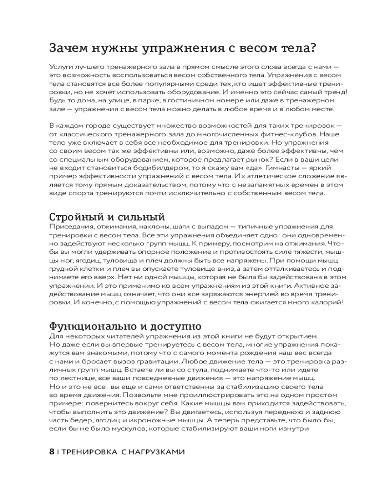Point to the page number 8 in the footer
[52, 451]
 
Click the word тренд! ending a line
[336, 92]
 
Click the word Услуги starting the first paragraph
[60, 66]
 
